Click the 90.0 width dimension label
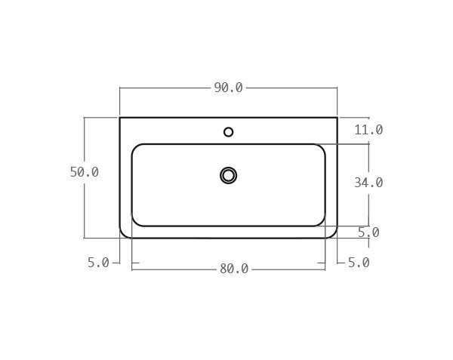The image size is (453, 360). (228, 88)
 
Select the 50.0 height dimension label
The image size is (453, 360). (85, 172)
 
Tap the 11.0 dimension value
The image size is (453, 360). (368, 130)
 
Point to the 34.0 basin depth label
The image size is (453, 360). (368, 183)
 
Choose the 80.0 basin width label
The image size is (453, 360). (234, 269)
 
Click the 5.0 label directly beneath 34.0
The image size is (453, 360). (368, 232)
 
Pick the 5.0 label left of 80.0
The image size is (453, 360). (98, 263)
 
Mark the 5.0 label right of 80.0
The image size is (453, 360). (359, 263)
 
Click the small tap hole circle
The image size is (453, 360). (229, 132)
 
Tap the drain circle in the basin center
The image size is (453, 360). (229, 175)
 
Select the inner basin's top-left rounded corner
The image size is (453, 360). (135, 147)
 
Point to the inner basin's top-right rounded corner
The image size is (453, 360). (322, 147)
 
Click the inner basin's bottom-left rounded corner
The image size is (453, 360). (135, 222)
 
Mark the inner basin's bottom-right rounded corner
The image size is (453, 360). (322, 222)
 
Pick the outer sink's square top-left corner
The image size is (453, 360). (120, 118)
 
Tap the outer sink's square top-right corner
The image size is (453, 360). (337, 118)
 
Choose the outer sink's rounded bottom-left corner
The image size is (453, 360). (123, 235)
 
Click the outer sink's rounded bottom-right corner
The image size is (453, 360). (334, 235)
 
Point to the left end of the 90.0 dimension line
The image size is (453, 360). (120, 88)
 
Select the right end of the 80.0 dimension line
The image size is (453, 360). (325, 269)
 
